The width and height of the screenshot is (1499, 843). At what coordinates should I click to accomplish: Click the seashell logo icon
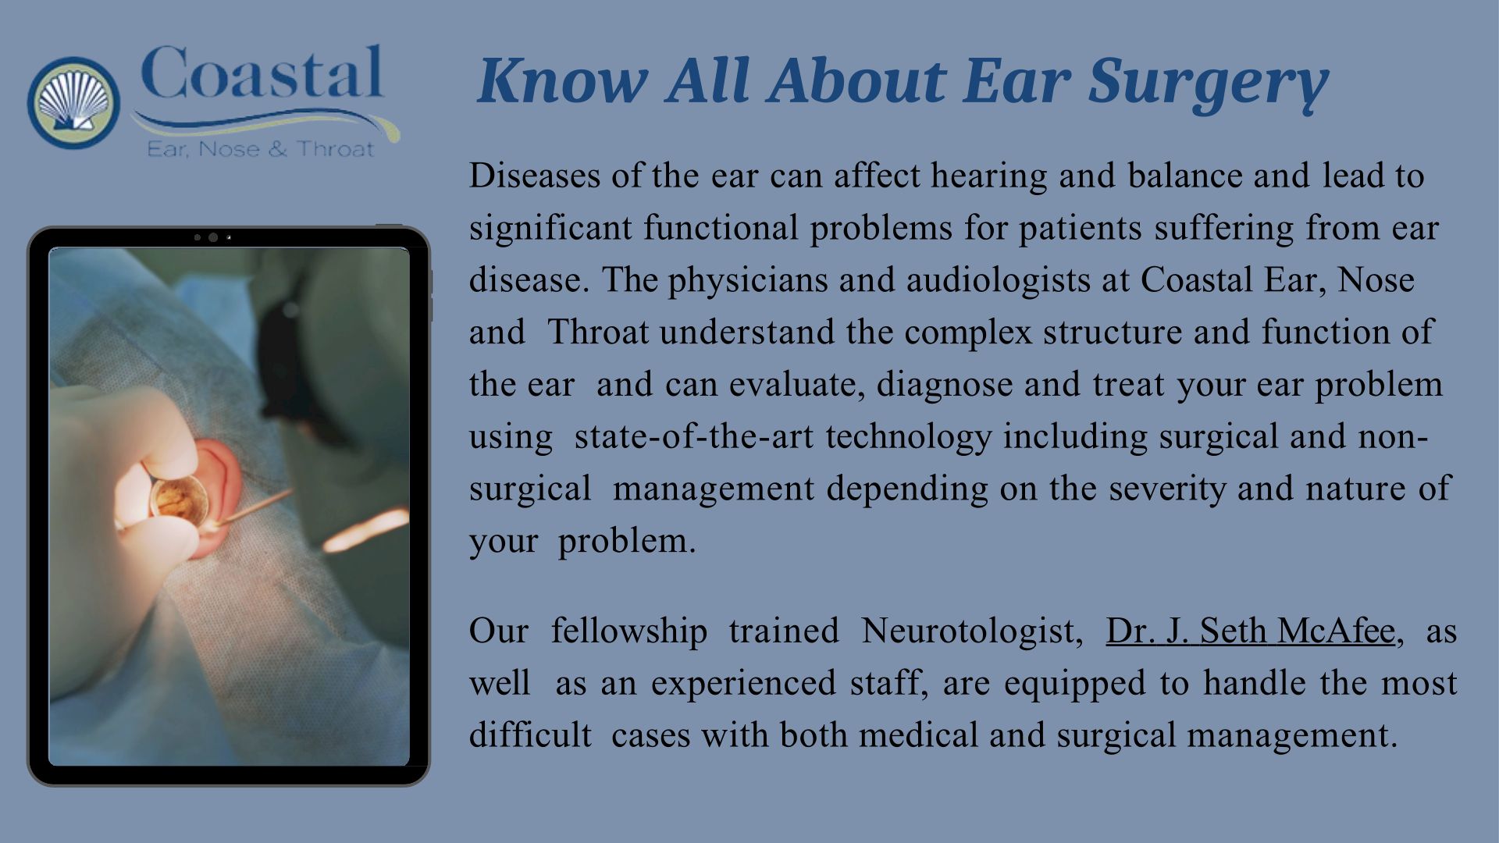point(73,102)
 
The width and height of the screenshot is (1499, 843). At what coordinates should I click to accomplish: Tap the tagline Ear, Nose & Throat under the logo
point(261,148)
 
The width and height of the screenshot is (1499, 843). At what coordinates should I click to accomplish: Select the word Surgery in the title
point(1209,83)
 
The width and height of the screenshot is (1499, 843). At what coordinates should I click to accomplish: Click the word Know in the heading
point(562,80)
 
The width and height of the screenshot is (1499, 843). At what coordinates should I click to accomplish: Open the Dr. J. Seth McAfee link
point(1250,631)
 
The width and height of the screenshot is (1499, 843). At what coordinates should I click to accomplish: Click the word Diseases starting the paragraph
point(535,176)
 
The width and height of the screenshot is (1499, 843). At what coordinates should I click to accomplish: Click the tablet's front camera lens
point(212,237)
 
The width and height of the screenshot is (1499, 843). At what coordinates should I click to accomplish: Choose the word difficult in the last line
point(530,735)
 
